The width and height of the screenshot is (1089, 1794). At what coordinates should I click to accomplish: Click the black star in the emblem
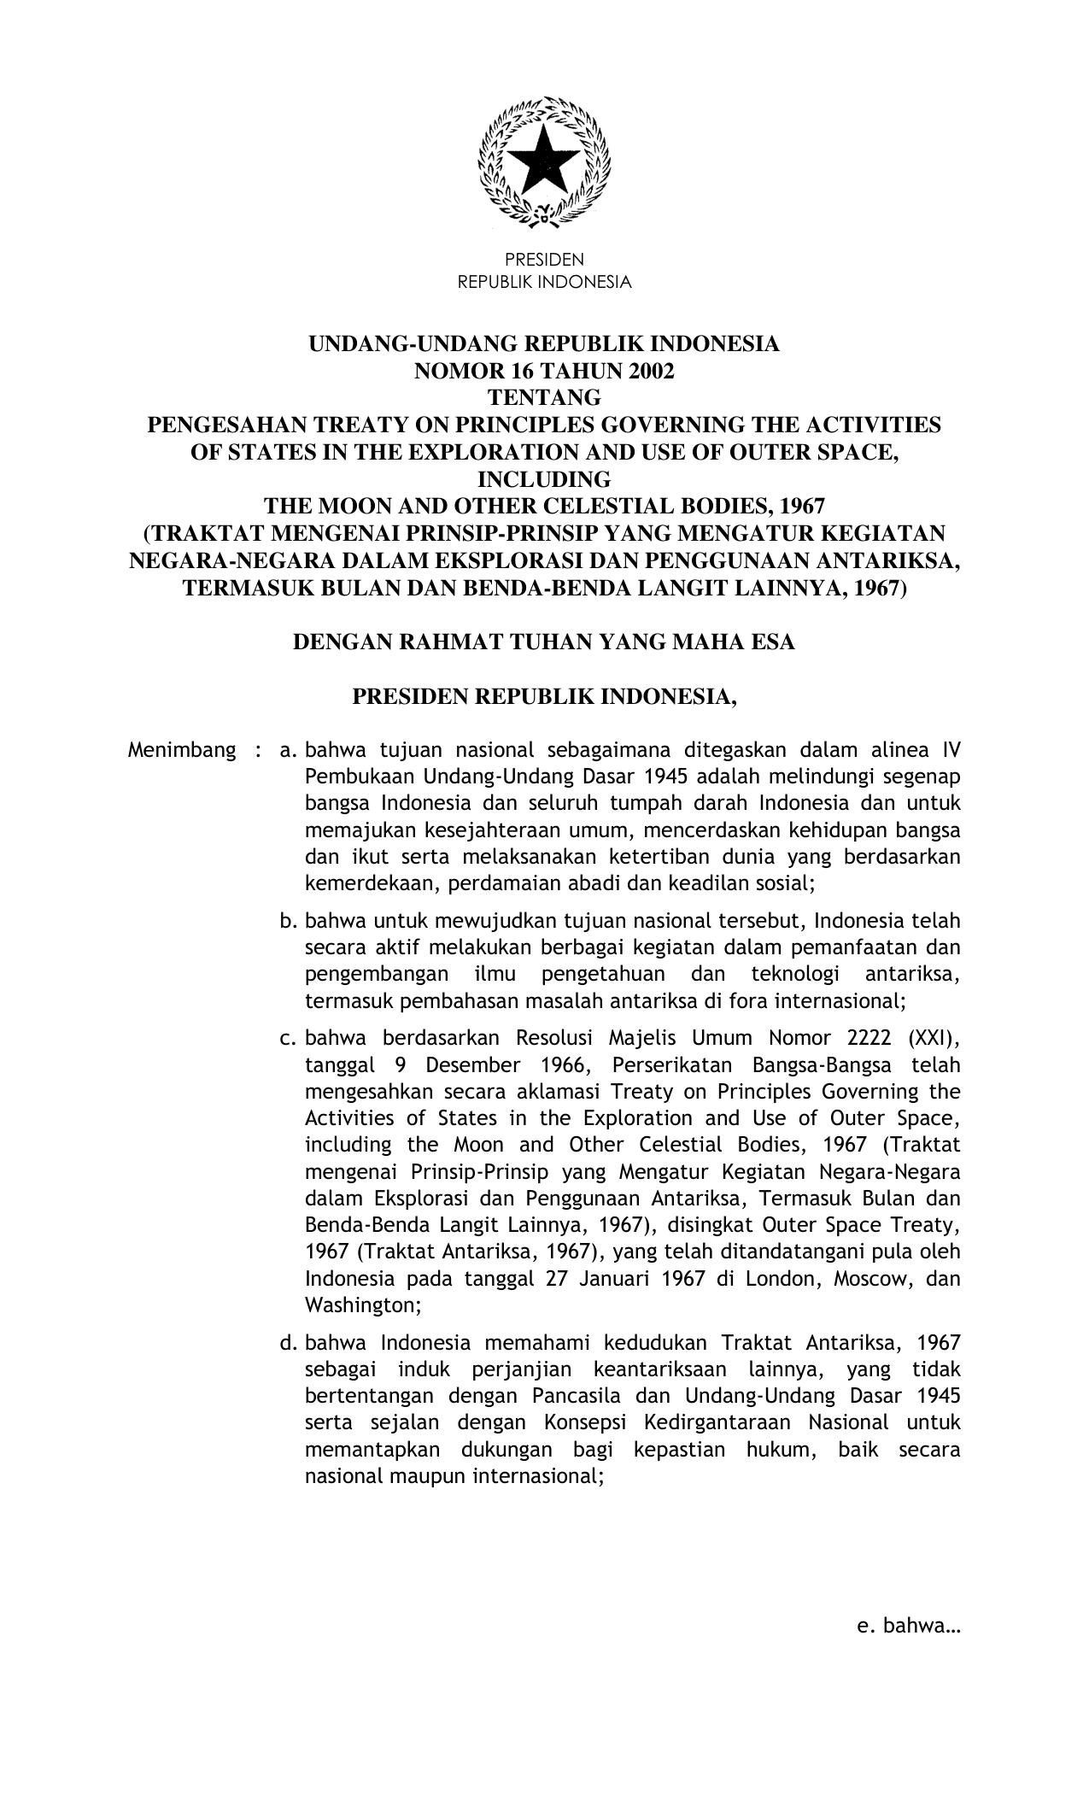point(544,160)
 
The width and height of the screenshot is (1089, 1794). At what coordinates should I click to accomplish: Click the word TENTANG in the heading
point(544,398)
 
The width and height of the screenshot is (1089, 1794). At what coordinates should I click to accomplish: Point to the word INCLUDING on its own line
point(544,478)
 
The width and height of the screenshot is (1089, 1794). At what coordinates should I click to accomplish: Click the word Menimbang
point(181,751)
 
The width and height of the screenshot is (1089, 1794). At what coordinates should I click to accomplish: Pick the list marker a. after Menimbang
point(288,751)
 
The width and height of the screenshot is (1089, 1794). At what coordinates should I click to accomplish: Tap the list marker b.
point(288,922)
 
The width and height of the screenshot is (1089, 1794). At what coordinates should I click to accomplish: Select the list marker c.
point(288,1039)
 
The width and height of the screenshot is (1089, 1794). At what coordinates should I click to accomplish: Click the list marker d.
point(288,1343)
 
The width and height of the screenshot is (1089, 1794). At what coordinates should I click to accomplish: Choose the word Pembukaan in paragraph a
point(348,777)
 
